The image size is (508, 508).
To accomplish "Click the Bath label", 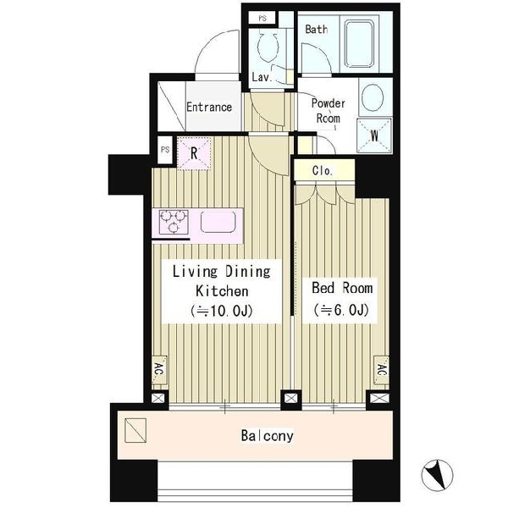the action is click(316, 29).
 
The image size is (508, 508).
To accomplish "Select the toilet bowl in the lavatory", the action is click(268, 47).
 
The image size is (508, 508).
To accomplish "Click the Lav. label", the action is click(262, 77).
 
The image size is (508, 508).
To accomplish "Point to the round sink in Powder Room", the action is click(373, 97).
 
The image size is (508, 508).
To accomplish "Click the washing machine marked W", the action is click(374, 135).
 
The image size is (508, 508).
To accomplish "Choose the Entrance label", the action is click(209, 107).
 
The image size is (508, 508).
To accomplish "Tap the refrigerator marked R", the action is click(194, 153).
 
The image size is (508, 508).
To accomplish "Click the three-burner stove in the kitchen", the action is click(174, 222).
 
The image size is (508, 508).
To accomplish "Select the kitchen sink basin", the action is click(218, 222).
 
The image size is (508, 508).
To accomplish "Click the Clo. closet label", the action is click(323, 170).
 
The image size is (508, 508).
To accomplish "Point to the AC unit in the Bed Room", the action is click(381, 370).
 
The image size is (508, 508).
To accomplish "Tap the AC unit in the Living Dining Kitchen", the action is click(159, 370).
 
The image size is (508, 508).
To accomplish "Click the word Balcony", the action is click(267, 436).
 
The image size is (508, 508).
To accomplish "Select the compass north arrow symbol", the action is click(437, 475).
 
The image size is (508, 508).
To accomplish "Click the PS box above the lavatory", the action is click(262, 19).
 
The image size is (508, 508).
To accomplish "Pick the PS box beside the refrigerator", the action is click(165, 150).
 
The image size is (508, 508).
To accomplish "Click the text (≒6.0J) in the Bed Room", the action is click(341, 310).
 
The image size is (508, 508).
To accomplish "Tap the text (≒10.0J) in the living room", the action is click(222, 311).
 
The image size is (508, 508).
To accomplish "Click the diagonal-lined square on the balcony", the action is click(135, 430).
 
